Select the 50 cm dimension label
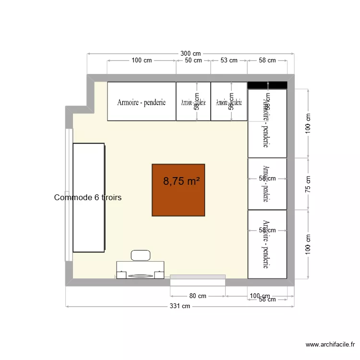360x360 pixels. click(x=193, y=60)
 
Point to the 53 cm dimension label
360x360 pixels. click(x=228, y=60)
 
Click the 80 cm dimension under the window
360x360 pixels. click(x=197, y=296)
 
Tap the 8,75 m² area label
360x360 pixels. click(x=181, y=181)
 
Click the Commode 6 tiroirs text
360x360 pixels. click(x=88, y=197)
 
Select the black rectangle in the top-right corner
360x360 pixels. click(x=267, y=85)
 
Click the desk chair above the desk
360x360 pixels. click(x=141, y=255)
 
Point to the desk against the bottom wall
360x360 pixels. click(x=140, y=270)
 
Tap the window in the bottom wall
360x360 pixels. click(x=198, y=277)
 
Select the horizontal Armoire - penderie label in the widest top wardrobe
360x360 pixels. click(x=142, y=102)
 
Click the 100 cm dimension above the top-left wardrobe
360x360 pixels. click(x=142, y=60)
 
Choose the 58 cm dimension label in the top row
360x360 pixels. click(x=267, y=60)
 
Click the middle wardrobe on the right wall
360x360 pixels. click(x=267, y=184)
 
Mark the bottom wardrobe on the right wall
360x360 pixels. click(x=267, y=244)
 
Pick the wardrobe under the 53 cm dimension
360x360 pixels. click(x=228, y=101)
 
